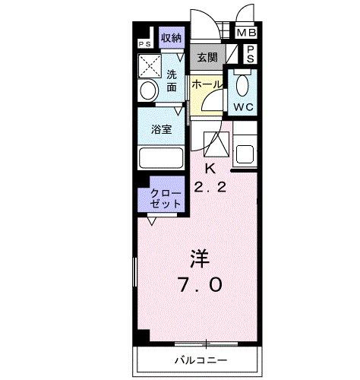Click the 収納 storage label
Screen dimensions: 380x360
[x=171, y=38]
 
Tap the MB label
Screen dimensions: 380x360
[x=246, y=33]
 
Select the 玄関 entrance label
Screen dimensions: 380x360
[x=207, y=57]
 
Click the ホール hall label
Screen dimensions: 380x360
[x=206, y=86]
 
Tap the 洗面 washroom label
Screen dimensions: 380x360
[x=172, y=81]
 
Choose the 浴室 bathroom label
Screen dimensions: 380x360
[x=160, y=128]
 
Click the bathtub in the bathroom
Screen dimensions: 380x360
[x=161, y=159]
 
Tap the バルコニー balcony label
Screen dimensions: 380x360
[x=201, y=359]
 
